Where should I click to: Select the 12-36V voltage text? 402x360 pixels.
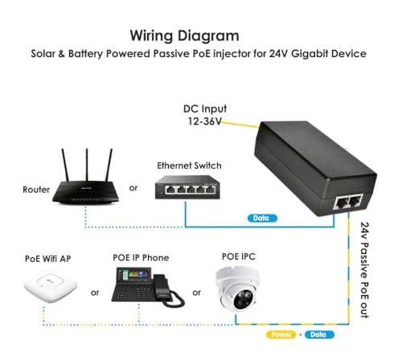point(200,122)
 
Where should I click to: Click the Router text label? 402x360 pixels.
point(36,191)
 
